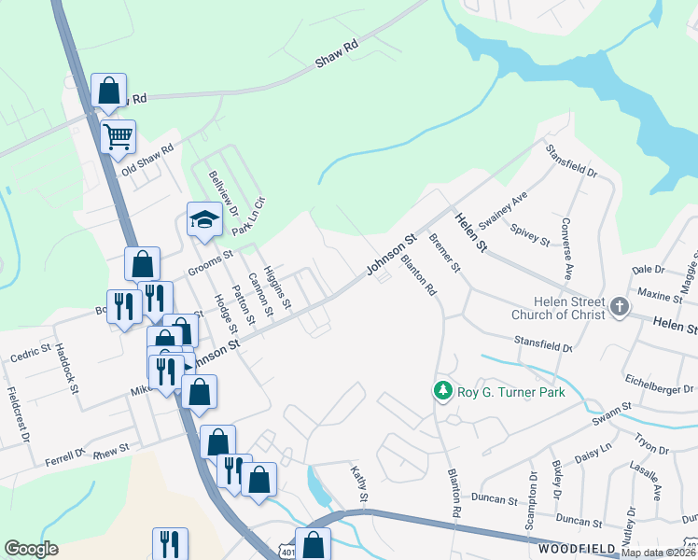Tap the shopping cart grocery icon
pyautogui.click(x=118, y=138)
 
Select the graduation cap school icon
pyautogui.click(x=204, y=220)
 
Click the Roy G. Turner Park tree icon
pyautogui.click(x=444, y=392)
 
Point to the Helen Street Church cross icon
pyautogui.click(x=618, y=308)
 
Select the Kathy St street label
pyautogui.click(x=358, y=482)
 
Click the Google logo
pyautogui.click(x=31, y=549)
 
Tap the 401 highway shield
pyautogui.click(x=288, y=553)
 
